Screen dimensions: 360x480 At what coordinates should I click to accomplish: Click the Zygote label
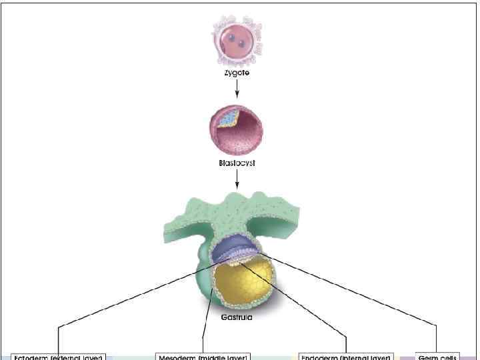coord(237,73)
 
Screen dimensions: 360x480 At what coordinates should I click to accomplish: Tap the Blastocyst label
coord(237,163)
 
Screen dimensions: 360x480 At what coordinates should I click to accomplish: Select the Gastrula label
coord(237,317)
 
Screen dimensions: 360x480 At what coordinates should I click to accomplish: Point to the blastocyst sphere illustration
coord(237,129)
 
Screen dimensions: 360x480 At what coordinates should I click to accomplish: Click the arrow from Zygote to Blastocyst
coord(237,89)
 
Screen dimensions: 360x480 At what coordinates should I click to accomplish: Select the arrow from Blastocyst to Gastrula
coord(237,179)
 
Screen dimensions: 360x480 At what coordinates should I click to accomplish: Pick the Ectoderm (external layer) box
coord(58,357)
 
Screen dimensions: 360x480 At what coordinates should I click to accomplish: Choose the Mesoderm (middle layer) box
coord(203,357)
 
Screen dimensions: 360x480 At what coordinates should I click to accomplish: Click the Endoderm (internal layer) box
coord(346,357)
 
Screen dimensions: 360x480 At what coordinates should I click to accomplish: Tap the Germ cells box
coord(437,357)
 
